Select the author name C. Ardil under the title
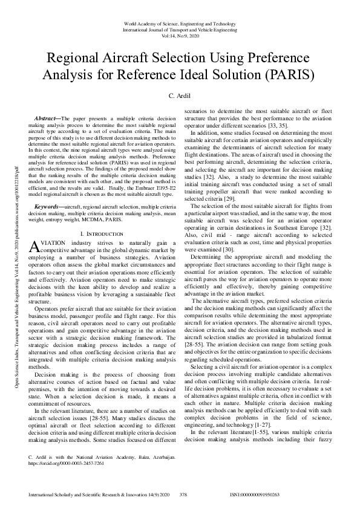tap(180, 97)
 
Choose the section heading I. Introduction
tap(103, 233)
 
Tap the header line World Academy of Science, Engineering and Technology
tap(180, 23)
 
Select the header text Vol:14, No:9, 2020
tap(180, 35)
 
